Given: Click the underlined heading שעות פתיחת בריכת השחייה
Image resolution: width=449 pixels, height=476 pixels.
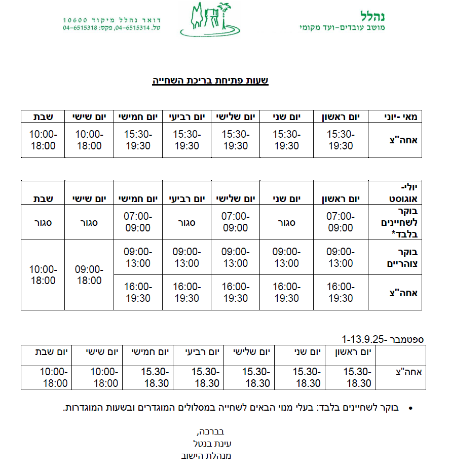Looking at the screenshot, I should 210,81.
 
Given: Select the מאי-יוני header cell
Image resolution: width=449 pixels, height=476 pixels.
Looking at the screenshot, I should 400,117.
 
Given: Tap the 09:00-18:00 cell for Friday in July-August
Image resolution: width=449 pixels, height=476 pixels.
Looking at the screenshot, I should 89,275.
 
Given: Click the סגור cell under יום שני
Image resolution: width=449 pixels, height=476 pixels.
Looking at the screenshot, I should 286,222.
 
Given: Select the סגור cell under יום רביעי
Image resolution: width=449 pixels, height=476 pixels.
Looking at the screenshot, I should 187,222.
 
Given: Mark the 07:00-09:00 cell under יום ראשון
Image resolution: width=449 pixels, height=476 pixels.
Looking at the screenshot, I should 341,222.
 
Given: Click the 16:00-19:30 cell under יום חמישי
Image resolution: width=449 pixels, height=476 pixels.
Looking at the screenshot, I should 138,292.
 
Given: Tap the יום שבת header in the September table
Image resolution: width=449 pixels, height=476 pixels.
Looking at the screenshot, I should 53,351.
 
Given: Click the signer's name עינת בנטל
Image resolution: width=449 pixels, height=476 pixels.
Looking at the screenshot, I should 212,444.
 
